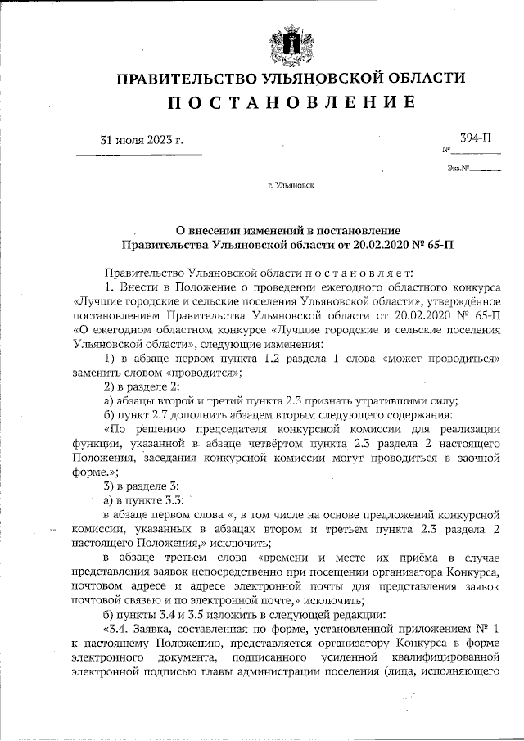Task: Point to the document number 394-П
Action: (x=475, y=140)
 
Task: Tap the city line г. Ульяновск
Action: (x=291, y=187)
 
